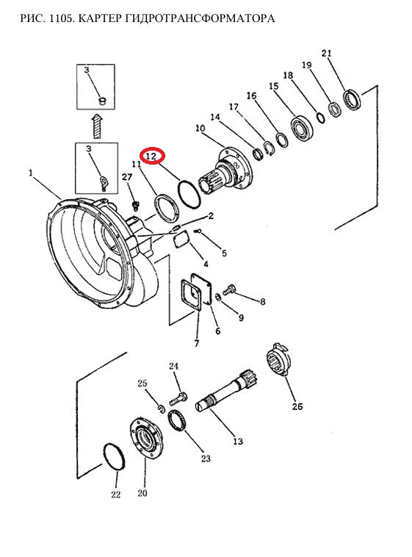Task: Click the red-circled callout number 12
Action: point(152,156)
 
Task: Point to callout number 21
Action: point(326,54)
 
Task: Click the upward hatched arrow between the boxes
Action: point(97,126)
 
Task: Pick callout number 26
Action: point(297,406)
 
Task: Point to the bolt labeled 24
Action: point(178,398)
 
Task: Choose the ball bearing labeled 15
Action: point(302,127)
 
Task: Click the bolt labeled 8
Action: point(229,290)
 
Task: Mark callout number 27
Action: point(127,177)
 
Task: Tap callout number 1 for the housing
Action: point(31,173)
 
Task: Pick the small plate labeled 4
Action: point(182,239)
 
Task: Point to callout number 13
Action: point(238,441)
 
